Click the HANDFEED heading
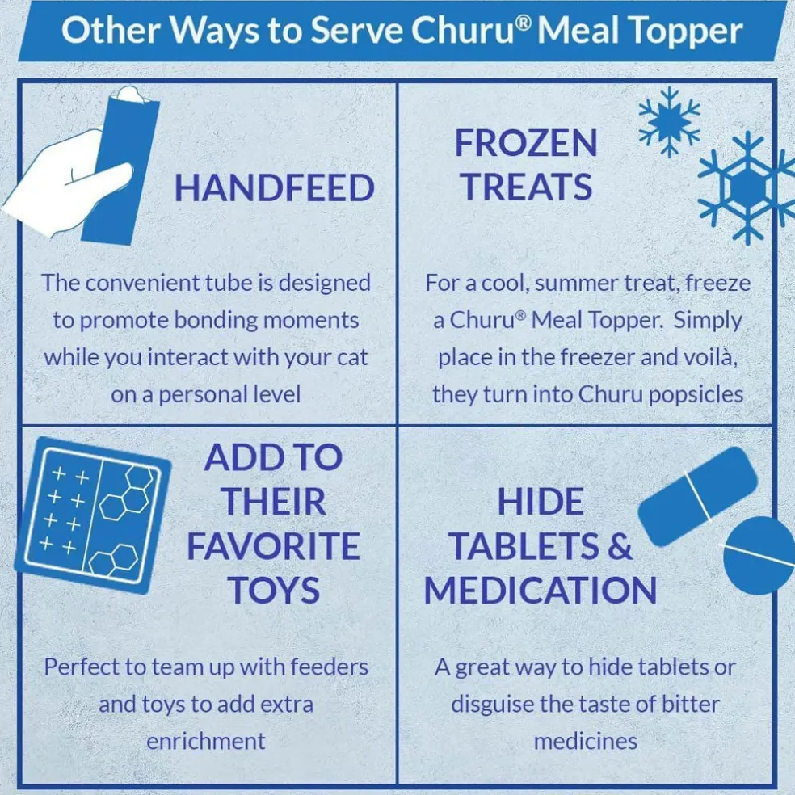coord(275,187)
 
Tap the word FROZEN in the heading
coord(526,143)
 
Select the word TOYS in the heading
coord(274,590)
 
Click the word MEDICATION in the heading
coord(541,590)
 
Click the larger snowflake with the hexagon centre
coord(747,187)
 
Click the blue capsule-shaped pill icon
coord(698,496)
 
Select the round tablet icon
coord(759,555)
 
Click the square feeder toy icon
coord(93,515)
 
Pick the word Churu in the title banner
coord(465,32)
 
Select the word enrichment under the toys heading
coord(206,742)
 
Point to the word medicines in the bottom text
coord(586,742)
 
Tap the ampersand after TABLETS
coord(620,546)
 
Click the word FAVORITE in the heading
coord(274,546)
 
